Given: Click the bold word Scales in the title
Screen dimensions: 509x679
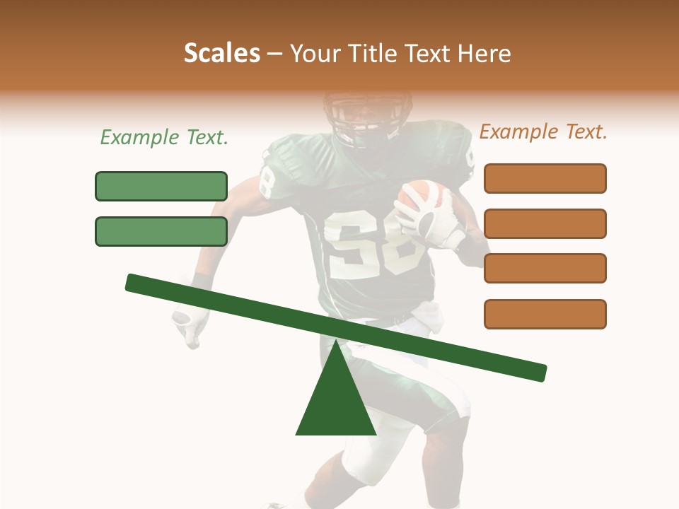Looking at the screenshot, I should [x=222, y=53].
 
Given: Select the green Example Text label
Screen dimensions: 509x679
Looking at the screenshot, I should [x=164, y=137].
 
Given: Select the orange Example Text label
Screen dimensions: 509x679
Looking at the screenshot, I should [x=543, y=131].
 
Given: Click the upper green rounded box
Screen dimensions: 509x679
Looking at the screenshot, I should [x=161, y=186].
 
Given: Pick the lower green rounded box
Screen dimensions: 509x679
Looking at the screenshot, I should [x=161, y=231].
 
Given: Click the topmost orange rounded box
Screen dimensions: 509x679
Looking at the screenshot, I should [x=545, y=178].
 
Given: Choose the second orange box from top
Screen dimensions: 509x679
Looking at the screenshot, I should [x=545, y=223].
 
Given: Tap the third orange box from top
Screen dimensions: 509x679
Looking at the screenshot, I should [x=545, y=268].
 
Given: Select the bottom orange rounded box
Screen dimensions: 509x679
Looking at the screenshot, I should [x=545, y=314].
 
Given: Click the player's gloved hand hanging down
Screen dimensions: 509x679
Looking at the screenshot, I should [x=190, y=325].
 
